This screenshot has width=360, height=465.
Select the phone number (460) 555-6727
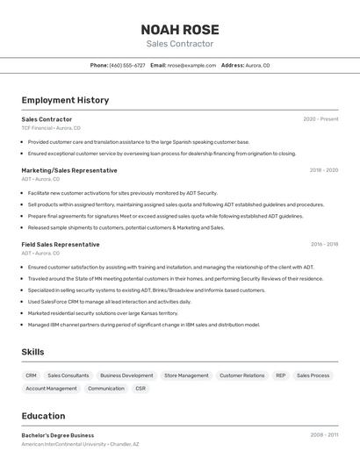pos(127,65)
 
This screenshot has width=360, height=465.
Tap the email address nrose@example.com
pos(191,65)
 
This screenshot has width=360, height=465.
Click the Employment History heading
pos(65,100)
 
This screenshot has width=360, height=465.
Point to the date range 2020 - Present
pos(320,119)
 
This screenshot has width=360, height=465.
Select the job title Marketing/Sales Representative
pos(68,170)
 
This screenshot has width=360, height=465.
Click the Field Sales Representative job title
pos(61,244)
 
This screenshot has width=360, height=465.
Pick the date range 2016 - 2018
pos(324,245)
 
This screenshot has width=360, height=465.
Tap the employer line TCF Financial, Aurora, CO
pos(50,128)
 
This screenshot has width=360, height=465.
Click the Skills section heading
pos(32,352)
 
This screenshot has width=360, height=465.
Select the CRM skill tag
pos(31,376)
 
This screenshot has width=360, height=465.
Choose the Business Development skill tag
pos(126,376)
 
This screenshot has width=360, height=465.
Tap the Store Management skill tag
pos(186,376)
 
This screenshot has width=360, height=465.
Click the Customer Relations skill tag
pos(241,376)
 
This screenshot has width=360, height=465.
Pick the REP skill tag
pos(281,376)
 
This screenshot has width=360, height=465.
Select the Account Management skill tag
pos(51,388)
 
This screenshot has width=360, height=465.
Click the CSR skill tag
pos(140,388)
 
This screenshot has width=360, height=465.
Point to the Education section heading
pos(43,416)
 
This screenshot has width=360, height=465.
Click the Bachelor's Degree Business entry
pos(57,435)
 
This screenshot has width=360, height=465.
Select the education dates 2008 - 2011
pos(324,435)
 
